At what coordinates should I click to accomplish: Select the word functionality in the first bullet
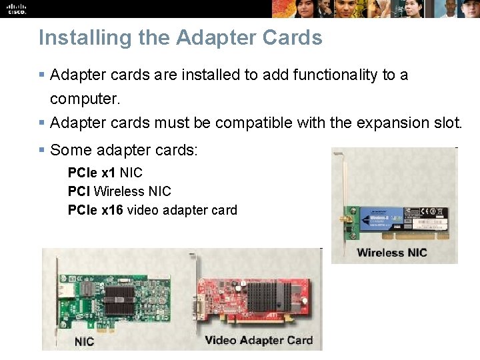click(x=329, y=75)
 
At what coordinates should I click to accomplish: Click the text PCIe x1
click(x=91, y=173)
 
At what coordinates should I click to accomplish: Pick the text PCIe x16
click(x=95, y=210)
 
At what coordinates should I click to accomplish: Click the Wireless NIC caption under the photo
click(x=391, y=253)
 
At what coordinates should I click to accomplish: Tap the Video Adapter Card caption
click(x=258, y=341)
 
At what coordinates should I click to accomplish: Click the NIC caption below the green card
click(x=84, y=342)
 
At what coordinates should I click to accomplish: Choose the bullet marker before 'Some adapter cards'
click(x=42, y=151)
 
